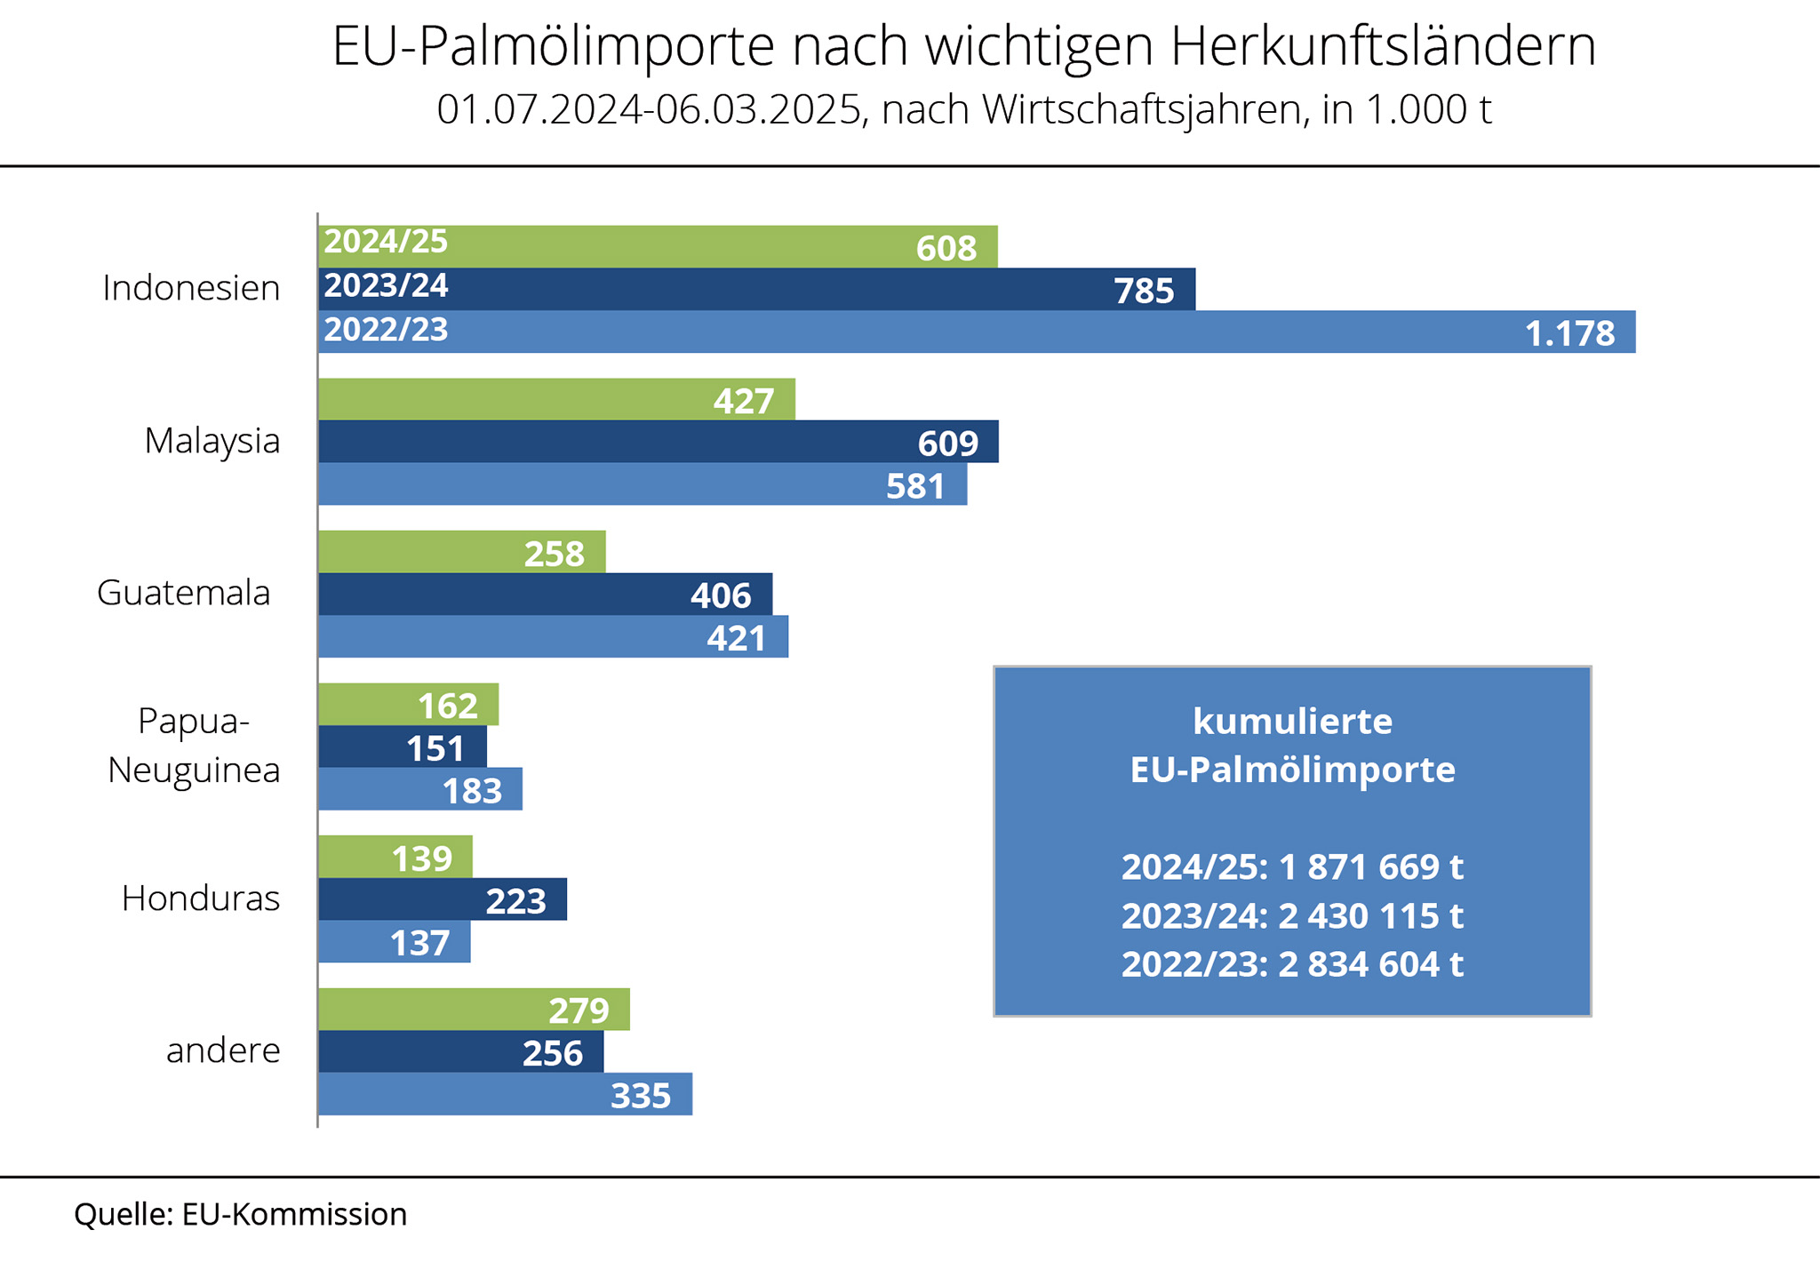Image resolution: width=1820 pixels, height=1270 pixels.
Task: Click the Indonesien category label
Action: pos(191,288)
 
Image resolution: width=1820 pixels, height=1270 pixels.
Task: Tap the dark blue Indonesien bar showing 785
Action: pos(755,289)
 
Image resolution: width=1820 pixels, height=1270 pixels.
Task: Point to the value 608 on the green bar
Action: pos(946,248)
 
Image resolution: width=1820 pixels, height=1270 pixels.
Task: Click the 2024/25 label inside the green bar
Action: pos(386,242)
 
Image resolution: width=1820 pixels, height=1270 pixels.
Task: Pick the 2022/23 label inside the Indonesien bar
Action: pos(386,330)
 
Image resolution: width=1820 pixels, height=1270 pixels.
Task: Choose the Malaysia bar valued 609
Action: pos(658,442)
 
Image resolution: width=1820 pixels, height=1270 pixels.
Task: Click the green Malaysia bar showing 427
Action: pos(556,400)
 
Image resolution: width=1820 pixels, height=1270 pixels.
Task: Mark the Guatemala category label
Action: pos(184,593)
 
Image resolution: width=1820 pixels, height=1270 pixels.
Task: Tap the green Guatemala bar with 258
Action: pos(461,552)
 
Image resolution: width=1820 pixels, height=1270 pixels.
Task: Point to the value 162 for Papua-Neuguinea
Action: pos(448,706)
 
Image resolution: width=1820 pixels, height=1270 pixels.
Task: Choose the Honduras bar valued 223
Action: pos(442,899)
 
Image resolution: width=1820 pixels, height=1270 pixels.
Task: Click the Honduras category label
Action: pos(201,899)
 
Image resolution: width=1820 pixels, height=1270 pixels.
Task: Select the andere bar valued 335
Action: pos(505,1094)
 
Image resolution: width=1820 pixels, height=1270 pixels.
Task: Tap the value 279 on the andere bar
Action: pos(579,1010)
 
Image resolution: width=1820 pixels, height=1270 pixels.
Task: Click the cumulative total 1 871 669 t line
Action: pos(1292,867)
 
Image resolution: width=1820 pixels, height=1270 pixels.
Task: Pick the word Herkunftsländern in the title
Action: pos(1383,46)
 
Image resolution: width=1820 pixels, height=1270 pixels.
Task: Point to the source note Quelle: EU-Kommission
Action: pos(240,1214)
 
